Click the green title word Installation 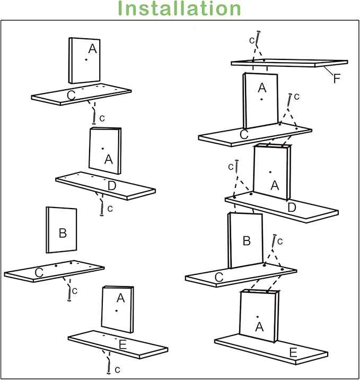(180, 9)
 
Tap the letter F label (337, 79)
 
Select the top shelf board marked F (289, 63)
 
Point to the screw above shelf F (258, 39)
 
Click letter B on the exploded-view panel (63, 232)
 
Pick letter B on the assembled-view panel (246, 241)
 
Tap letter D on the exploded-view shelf (112, 186)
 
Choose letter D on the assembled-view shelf (291, 208)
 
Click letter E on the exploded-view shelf (122, 345)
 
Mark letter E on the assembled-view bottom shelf (292, 352)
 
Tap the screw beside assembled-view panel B (274, 242)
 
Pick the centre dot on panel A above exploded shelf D (102, 148)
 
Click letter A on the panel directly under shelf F (262, 87)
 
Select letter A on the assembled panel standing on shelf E (259, 327)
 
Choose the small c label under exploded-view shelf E (117, 369)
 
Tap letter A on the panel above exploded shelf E (120, 298)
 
